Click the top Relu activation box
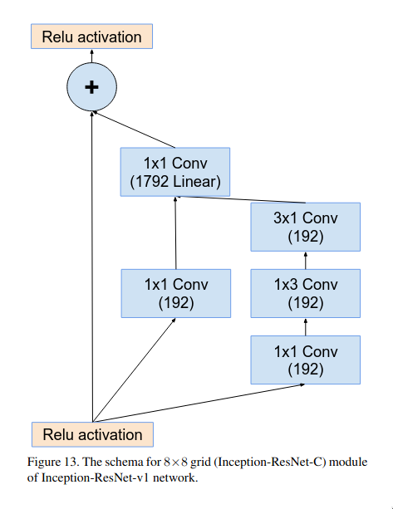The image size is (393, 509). click(91, 37)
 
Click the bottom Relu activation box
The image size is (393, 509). click(92, 434)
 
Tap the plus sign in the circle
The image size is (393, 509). click(91, 87)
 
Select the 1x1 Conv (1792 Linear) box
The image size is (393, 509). click(175, 172)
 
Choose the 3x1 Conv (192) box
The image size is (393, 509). click(305, 227)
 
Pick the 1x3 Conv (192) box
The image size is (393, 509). click(305, 293)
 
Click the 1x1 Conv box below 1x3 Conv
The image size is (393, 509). click(305, 360)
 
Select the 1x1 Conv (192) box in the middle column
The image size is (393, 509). click(176, 293)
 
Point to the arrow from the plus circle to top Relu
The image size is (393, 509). click(91, 56)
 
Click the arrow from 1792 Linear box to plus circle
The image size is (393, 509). click(134, 130)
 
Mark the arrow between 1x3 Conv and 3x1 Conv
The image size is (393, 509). click(305, 261)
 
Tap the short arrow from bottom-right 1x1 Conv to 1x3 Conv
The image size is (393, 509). click(305, 327)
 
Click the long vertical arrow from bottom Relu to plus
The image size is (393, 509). click(92, 267)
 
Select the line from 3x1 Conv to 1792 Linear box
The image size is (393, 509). click(241, 199)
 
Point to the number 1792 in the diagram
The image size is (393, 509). click(151, 182)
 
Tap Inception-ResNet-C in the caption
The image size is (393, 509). click(270, 462)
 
